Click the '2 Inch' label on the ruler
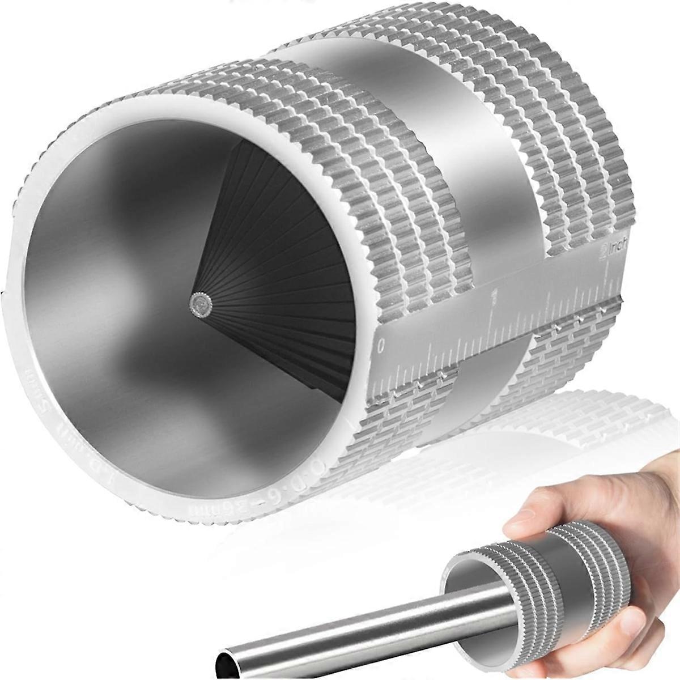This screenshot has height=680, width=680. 609,250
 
